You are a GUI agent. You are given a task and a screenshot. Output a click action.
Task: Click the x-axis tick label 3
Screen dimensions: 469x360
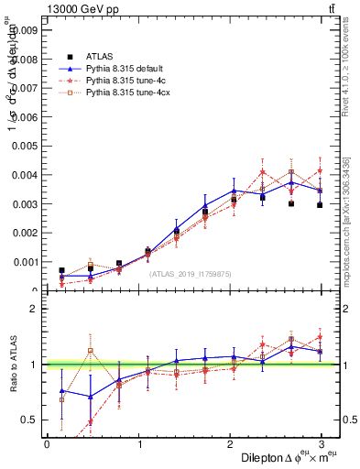pos(323,443)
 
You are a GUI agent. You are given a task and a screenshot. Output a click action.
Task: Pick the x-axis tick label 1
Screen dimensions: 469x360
pos(138,443)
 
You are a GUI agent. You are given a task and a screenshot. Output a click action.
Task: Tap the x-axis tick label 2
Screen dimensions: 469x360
pos(231,443)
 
